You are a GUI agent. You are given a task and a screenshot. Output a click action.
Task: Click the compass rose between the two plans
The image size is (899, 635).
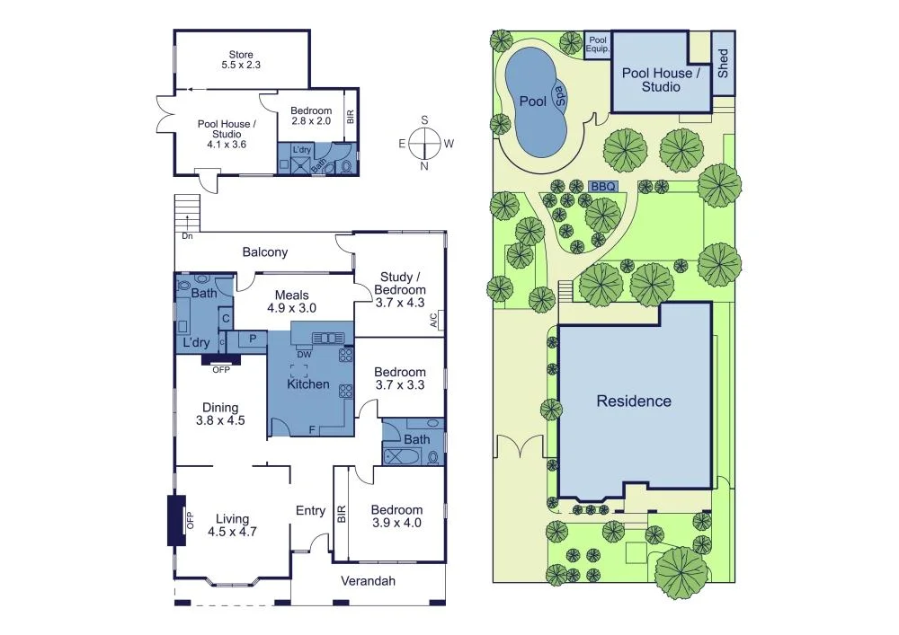(424, 143)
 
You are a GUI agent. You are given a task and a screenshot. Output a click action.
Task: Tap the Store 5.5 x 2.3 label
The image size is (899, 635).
(241, 60)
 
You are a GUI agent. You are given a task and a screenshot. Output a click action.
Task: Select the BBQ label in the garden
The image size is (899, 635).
(603, 186)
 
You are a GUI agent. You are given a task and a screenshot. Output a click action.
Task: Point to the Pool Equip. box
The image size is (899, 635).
(597, 44)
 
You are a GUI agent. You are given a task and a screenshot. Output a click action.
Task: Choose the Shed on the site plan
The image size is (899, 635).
(723, 63)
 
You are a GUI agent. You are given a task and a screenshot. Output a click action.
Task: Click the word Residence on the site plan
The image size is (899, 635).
(634, 401)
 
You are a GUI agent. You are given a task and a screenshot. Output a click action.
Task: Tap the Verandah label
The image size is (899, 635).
(368, 581)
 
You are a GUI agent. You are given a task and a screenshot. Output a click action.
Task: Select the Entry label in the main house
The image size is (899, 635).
(310, 511)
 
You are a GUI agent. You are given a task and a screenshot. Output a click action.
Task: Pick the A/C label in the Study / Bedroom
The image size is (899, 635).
(433, 319)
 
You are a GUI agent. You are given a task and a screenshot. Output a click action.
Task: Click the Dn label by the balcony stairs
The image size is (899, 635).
(187, 236)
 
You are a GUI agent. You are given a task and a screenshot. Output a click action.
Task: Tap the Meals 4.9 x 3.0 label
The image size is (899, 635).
(291, 302)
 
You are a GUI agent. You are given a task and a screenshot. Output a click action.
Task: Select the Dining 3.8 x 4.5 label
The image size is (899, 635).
(219, 414)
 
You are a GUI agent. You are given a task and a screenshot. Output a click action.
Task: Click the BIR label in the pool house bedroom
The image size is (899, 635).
(351, 116)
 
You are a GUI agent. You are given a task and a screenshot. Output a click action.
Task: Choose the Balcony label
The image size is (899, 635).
(265, 252)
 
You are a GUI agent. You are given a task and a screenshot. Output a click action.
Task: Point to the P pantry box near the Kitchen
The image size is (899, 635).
(253, 340)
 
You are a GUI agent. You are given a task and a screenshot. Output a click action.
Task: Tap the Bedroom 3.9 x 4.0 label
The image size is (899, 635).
(396, 516)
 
